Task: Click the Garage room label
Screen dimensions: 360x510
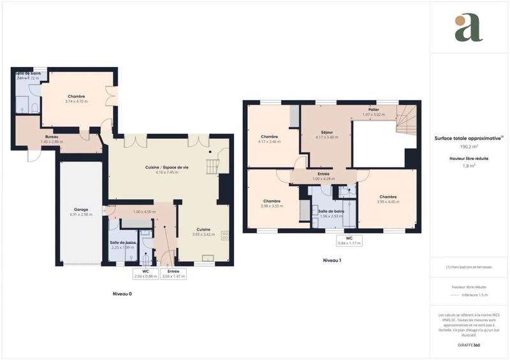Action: (x=81, y=209)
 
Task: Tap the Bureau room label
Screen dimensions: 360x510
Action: (x=53, y=136)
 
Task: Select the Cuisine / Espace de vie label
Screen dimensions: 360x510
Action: (x=167, y=167)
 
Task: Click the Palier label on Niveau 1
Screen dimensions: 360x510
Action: (x=374, y=110)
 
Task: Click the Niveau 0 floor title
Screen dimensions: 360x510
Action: (x=122, y=294)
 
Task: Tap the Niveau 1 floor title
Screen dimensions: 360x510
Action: (x=332, y=261)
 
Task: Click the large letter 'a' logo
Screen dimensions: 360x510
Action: (x=468, y=28)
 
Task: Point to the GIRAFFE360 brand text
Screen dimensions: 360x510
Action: (x=469, y=345)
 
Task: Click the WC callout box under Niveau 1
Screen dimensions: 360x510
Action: (x=349, y=240)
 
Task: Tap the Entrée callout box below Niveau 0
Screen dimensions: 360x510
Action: (x=169, y=274)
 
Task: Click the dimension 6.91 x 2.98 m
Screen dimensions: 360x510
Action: (x=81, y=215)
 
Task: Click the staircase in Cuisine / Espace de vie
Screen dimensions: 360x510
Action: (x=212, y=166)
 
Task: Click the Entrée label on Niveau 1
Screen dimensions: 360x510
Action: (x=324, y=173)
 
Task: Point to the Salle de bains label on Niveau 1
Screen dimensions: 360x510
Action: (x=332, y=211)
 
